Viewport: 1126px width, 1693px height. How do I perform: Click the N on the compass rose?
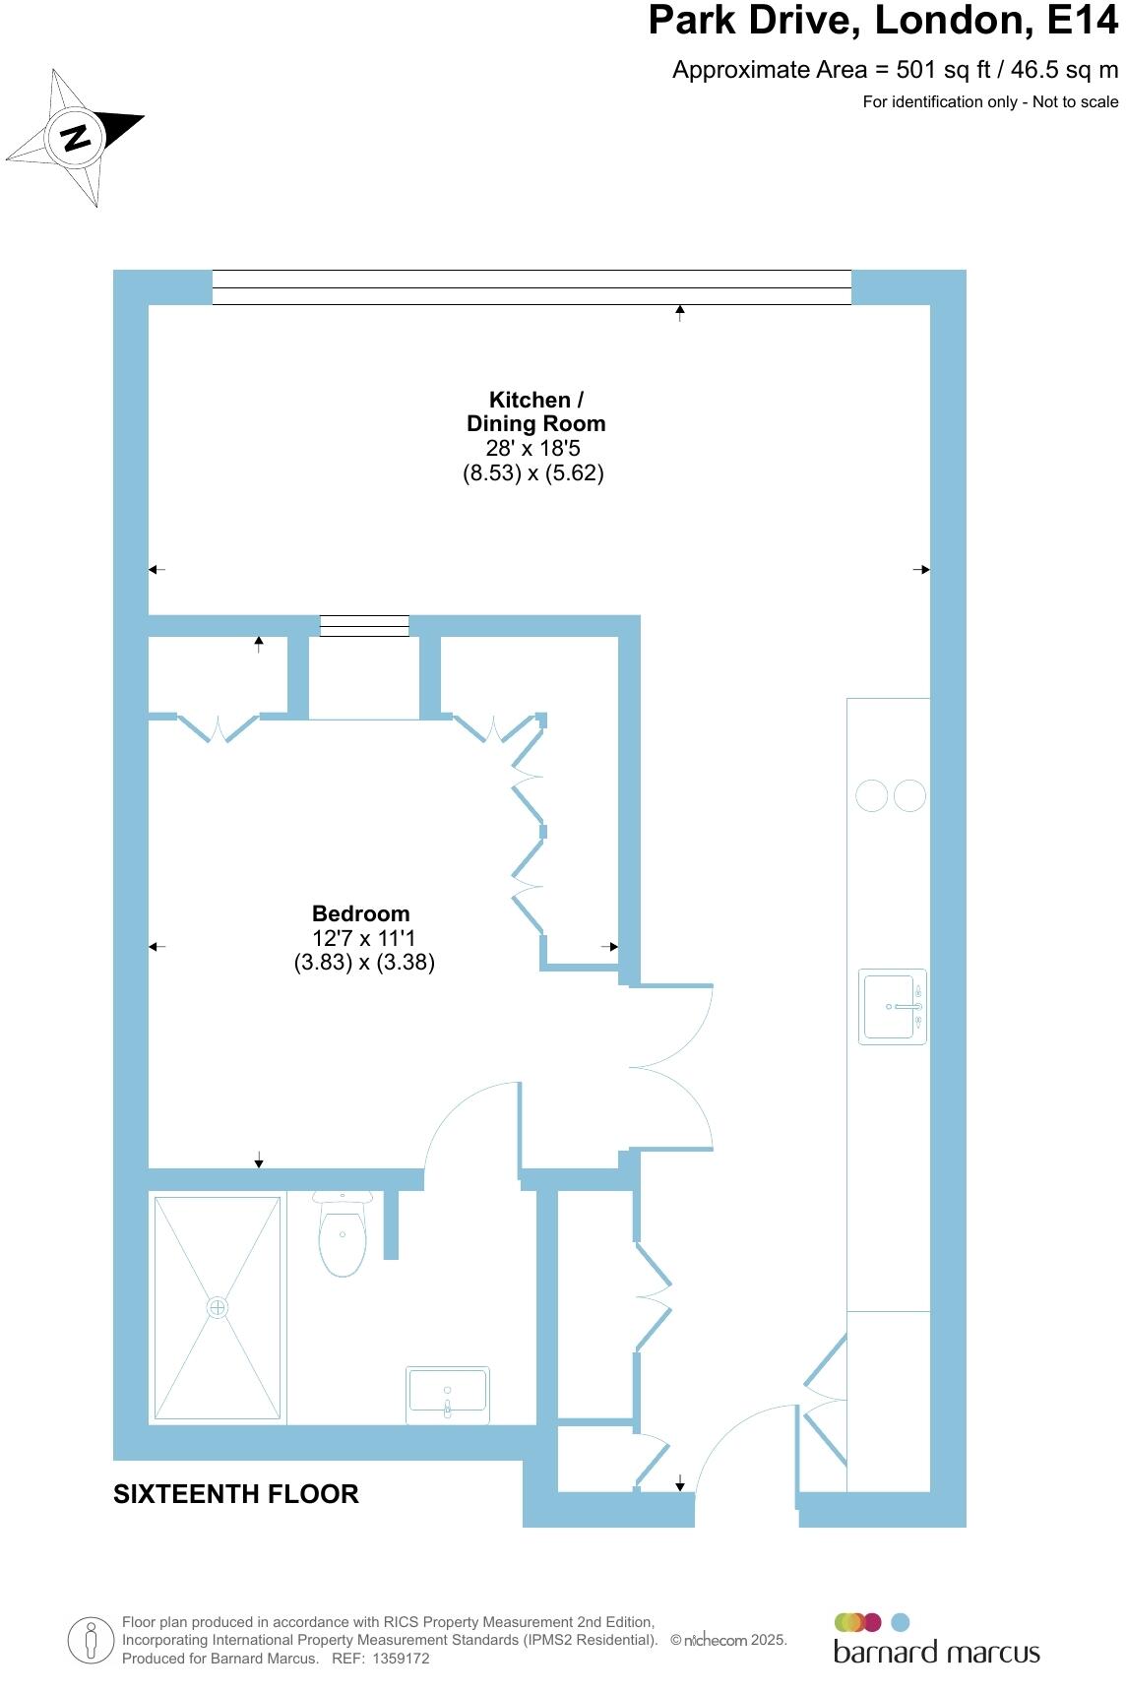pyautogui.click(x=75, y=137)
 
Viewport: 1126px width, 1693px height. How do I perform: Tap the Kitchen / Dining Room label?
pyautogui.click(x=535, y=411)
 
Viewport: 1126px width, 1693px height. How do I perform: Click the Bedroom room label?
pyautogui.click(x=360, y=913)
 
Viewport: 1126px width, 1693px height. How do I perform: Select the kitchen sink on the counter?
pyautogui.click(x=892, y=1006)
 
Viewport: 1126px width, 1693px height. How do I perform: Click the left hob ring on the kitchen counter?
pyautogui.click(x=872, y=795)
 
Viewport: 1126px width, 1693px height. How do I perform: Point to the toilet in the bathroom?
pyautogui.click(x=343, y=1235)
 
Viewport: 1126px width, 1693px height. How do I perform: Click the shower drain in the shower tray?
pyautogui.click(x=218, y=1307)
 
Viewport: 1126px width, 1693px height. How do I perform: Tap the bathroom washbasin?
pyautogui.click(x=448, y=1395)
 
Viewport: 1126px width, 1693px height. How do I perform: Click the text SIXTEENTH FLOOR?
pyautogui.click(x=236, y=1494)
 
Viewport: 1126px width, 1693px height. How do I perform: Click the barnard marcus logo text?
pyautogui.click(x=936, y=1652)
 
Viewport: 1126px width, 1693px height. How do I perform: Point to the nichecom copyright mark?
pyautogui.click(x=728, y=1640)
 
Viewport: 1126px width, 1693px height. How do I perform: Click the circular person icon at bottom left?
pyautogui.click(x=91, y=1641)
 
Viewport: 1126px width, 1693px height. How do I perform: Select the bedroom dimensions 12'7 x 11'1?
pyautogui.click(x=363, y=938)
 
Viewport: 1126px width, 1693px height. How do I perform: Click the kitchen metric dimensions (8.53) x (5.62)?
pyautogui.click(x=533, y=472)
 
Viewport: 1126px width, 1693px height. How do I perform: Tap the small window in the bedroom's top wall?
pyautogui.click(x=364, y=625)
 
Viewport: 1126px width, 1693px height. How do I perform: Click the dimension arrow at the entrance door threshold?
pyautogui.click(x=680, y=1483)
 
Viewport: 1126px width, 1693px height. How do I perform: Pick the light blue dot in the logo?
pyautogui.click(x=900, y=1622)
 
